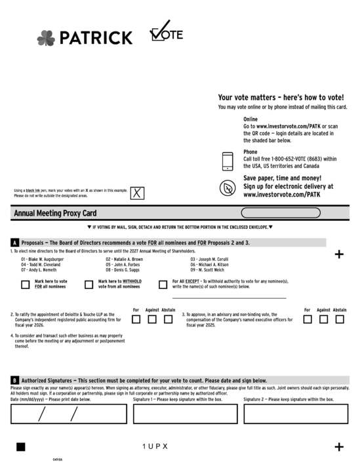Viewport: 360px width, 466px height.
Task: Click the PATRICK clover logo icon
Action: [x=46, y=38]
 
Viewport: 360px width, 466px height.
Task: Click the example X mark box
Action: [x=136, y=193]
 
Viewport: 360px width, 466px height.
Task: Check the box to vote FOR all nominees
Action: [x=25, y=284]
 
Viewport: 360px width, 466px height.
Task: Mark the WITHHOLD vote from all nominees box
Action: [x=89, y=284]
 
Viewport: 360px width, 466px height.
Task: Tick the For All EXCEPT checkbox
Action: [x=163, y=284]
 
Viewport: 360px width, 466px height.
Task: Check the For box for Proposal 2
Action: [x=136, y=319]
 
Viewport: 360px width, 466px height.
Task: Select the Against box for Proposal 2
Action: [x=151, y=319]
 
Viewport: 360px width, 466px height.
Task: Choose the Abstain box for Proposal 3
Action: [x=340, y=319]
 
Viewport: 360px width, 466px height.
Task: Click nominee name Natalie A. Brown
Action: [x=124, y=259]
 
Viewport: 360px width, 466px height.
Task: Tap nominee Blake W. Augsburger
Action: [x=42, y=259]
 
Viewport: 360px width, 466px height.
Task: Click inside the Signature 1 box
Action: [x=186, y=414]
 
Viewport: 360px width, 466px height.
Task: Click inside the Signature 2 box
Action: [x=296, y=414]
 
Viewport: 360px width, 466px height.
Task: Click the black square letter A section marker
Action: [x=15, y=243]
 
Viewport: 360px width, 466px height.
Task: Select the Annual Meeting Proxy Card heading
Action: [x=55, y=213]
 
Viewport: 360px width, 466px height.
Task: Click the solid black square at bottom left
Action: [x=20, y=446]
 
